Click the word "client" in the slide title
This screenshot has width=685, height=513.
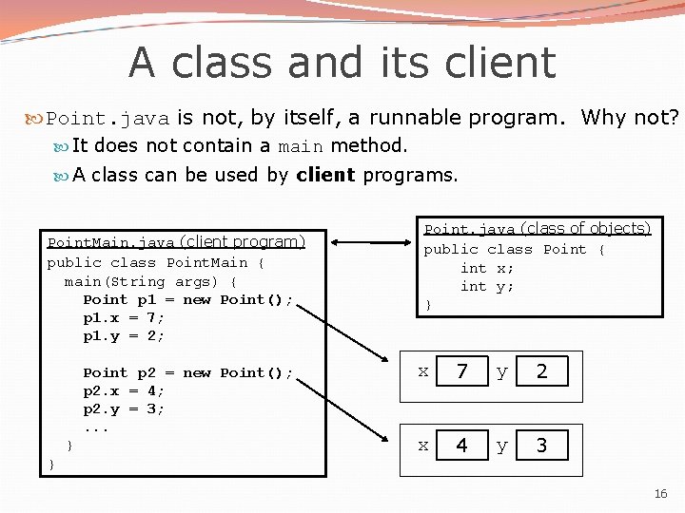click(506, 63)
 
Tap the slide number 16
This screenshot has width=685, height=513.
click(661, 494)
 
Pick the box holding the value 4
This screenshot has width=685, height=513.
click(461, 446)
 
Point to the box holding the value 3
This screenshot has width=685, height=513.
click(541, 446)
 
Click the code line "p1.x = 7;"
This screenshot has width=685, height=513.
click(124, 318)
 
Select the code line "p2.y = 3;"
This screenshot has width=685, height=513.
click(124, 409)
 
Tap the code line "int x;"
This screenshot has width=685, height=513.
click(487, 268)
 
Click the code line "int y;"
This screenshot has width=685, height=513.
click(487, 286)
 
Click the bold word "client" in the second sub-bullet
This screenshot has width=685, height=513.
click(325, 175)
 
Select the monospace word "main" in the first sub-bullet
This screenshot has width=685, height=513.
click(301, 147)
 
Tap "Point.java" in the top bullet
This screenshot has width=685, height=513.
click(108, 119)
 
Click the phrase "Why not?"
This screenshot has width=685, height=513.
click(630, 118)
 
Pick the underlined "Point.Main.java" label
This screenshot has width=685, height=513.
click(111, 243)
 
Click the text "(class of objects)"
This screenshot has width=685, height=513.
click(585, 229)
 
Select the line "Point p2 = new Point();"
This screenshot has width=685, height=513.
click(188, 373)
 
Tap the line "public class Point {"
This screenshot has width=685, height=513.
click(514, 250)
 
